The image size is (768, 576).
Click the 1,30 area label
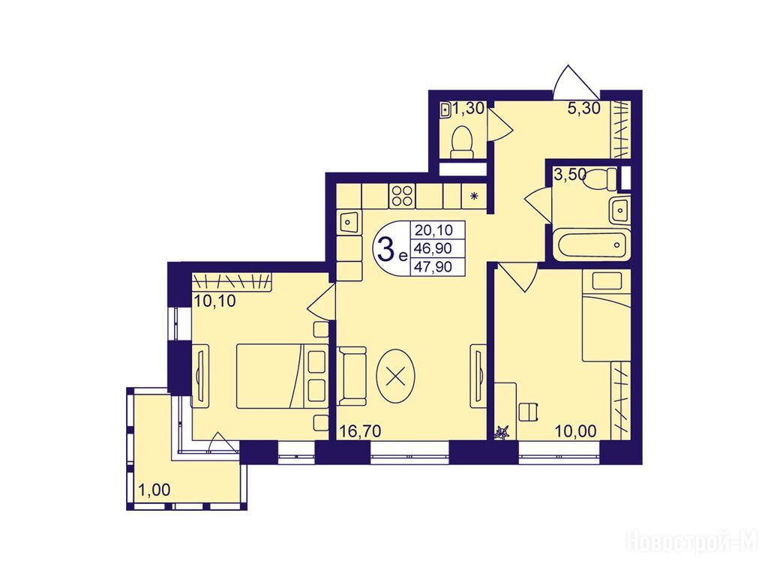point(468,108)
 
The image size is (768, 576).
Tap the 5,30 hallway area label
point(583,108)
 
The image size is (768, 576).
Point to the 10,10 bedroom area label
point(215,300)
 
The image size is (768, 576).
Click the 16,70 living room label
point(361,431)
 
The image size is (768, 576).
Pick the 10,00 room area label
point(575,431)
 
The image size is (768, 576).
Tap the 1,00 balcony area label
point(154,489)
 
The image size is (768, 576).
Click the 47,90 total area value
point(433,267)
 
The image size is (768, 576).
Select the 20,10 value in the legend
point(433,229)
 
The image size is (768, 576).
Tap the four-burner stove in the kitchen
point(402,196)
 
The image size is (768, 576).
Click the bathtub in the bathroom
point(591,244)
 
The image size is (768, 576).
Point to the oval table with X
point(396,376)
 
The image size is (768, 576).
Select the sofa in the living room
point(352,376)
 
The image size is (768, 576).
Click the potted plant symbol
point(502,433)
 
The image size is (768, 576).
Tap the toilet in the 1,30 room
point(462,142)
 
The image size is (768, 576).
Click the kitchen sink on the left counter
point(349,222)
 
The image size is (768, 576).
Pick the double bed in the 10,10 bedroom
point(282,376)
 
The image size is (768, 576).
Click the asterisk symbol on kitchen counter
point(474,196)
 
